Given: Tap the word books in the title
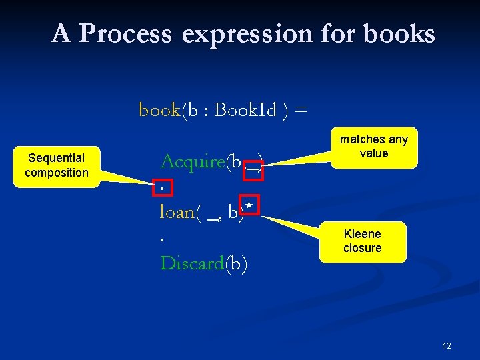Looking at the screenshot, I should (400, 33).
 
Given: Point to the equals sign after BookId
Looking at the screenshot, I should (301, 109).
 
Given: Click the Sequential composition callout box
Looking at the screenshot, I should (56, 165).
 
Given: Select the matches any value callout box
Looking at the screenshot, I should (373, 147).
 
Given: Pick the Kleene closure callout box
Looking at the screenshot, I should (363, 241).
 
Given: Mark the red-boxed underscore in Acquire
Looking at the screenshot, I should (253, 169).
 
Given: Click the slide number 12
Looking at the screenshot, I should (446, 346).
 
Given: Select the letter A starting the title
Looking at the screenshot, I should (61, 33).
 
